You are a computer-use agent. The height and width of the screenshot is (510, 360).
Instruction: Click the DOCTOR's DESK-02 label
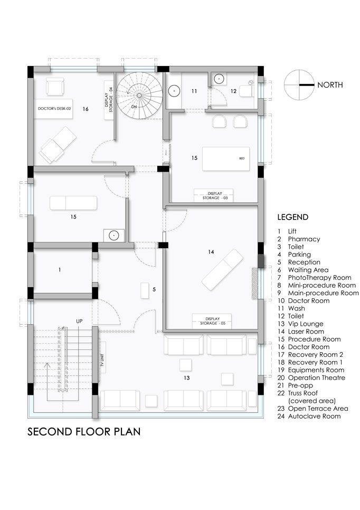(x=54, y=108)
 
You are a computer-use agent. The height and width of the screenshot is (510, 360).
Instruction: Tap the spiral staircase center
(x=139, y=95)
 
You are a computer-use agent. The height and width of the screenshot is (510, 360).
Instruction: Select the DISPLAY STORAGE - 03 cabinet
(x=213, y=195)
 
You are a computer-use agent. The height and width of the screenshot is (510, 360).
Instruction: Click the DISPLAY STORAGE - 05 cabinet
(x=212, y=321)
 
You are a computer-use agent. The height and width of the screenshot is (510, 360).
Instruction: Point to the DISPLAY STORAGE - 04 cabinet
(x=109, y=100)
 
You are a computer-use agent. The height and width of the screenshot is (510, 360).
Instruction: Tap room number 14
(x=211, y=251)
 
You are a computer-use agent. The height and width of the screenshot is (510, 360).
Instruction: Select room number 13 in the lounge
(x=186, y=377)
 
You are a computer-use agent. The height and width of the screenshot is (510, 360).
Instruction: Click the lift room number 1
(x=60, y=270)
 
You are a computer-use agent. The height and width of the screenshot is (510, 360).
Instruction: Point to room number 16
(x=86, y=109)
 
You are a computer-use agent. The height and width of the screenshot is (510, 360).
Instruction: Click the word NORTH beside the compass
(x=330, y=85)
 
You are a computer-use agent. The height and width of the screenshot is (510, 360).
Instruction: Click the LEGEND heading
(x=292, y=217)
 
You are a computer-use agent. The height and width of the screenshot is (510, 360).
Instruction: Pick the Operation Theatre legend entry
(x=311, y=377)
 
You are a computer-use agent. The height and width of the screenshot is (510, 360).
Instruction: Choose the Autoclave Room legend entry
(x=309, y=416)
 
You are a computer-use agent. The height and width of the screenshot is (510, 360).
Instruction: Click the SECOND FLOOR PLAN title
(x=84, y=432)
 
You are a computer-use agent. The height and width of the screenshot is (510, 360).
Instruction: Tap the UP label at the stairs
(x=79, y=321)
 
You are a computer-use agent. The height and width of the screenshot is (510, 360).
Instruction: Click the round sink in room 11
(x=175, y=91)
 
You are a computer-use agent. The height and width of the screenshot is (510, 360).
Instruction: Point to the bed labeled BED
(x=226, y=159)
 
